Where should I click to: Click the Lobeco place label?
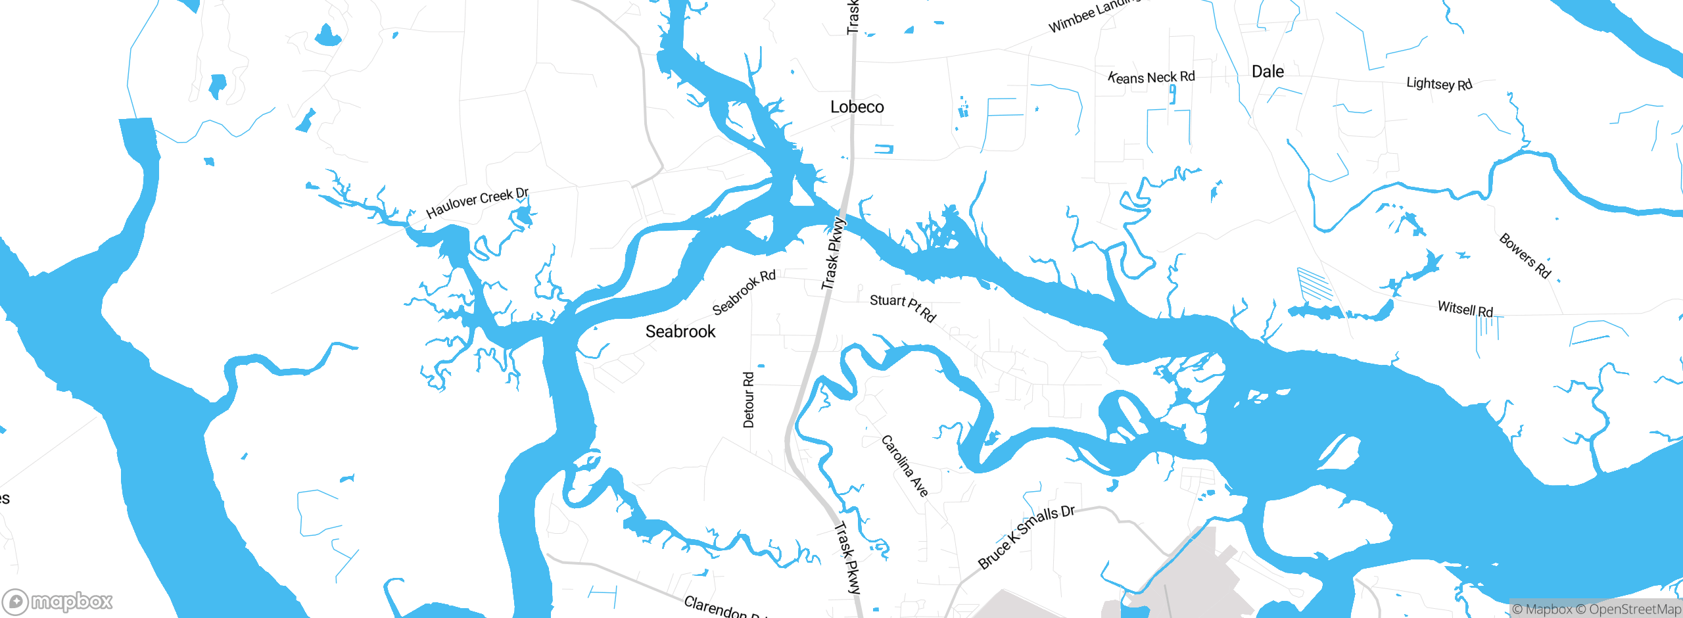pyautogui.click(x=857, y=107)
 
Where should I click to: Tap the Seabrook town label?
pyautogui.click(x=680, y=331)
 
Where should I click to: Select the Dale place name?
pyautogui.click(x=1268, y=72)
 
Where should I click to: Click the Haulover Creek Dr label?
pyautogui.click(x=477, y=202)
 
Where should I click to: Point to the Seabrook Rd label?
pyautogui.click(x=744, y=292)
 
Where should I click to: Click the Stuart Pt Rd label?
pyautogui.click(x=903, y=307)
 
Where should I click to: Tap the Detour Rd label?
pyautogui.click(x=749, y=400)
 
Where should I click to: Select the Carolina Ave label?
pyautogui.click(x=905, y=465)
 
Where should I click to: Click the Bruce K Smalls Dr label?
pyautogui.click(x=1026, y=536)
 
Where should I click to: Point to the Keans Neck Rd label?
pyautogui.click(x=1151, y=77)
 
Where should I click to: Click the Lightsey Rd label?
pyautogui.click(x=1438, y=84)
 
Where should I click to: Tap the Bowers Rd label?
pyautogui.click(x=1525, y=255)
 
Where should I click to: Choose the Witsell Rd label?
pyautogui.click(x=1465, y=308)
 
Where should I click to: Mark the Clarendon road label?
pyautogui.click(x=717, y=606)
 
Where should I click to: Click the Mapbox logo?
pyautogui.click(x=58, y=602)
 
